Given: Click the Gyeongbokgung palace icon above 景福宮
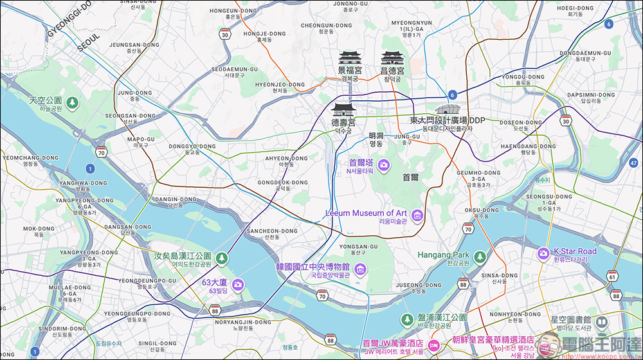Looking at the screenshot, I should coord(350,57).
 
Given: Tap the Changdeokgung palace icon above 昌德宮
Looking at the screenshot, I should coord(392,57).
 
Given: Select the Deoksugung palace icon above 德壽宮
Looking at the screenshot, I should coord(343,109).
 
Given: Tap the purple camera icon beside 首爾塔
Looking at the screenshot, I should coord(384,165).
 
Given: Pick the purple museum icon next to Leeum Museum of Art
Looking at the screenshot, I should coord(417,214).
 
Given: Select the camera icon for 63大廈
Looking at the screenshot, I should coord(237,284).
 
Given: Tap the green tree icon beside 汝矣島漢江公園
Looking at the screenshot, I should coord(222,258).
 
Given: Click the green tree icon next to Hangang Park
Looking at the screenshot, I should coord(480,256).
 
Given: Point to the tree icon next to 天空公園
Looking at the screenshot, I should coord(72,102).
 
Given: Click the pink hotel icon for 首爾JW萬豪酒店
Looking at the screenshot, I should coord(434,346).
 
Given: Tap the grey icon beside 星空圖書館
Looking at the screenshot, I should coord(601,321).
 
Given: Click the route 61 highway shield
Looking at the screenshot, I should coord(613,277).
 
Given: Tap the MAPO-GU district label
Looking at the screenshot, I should coord(141,139).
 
